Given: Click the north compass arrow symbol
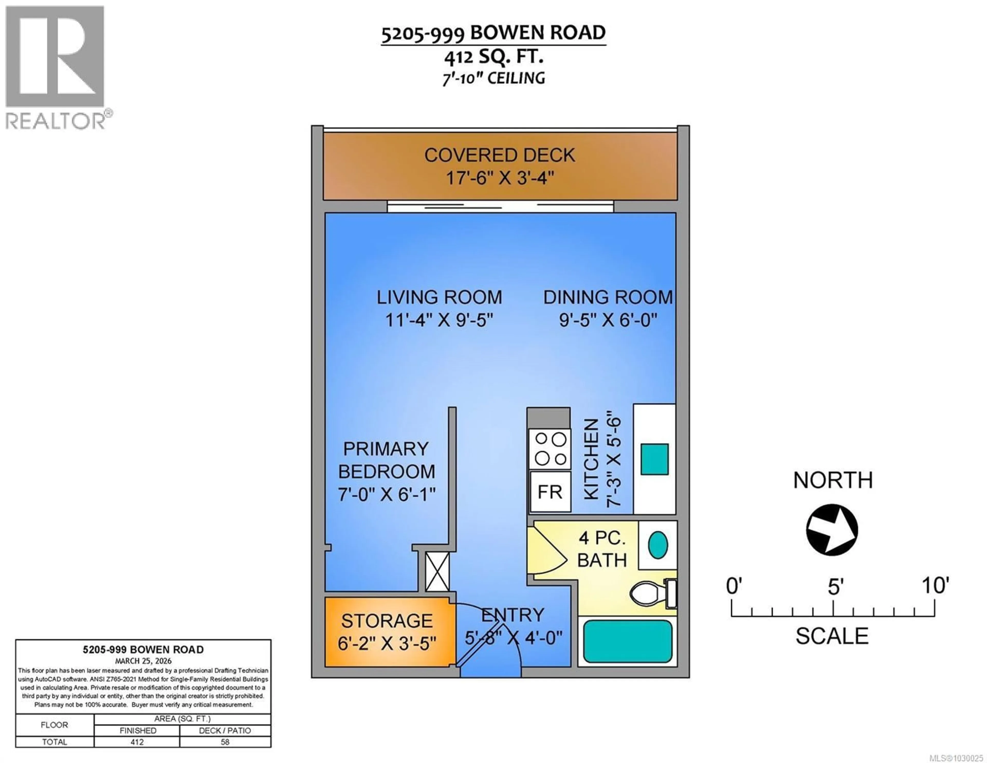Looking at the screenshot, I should click(832, 529).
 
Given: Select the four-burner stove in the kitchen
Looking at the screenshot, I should click(550, 449).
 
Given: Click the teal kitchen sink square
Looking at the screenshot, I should click(654, 459).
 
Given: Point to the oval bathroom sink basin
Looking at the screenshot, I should click(657, 545).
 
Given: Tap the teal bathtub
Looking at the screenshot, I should click(627, 641).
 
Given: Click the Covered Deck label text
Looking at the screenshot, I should click(499, 155).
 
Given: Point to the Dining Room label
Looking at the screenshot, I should click(608, 297).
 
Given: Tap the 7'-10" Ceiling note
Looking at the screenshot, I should click(493, 78).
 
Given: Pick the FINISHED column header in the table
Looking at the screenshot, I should click(138, 730).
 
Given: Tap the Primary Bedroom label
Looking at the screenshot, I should click(386, 460).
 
